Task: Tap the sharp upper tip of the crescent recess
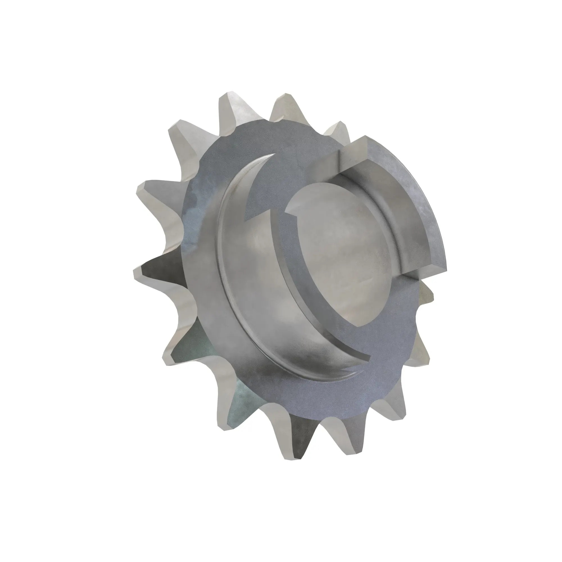pos(273,155)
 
